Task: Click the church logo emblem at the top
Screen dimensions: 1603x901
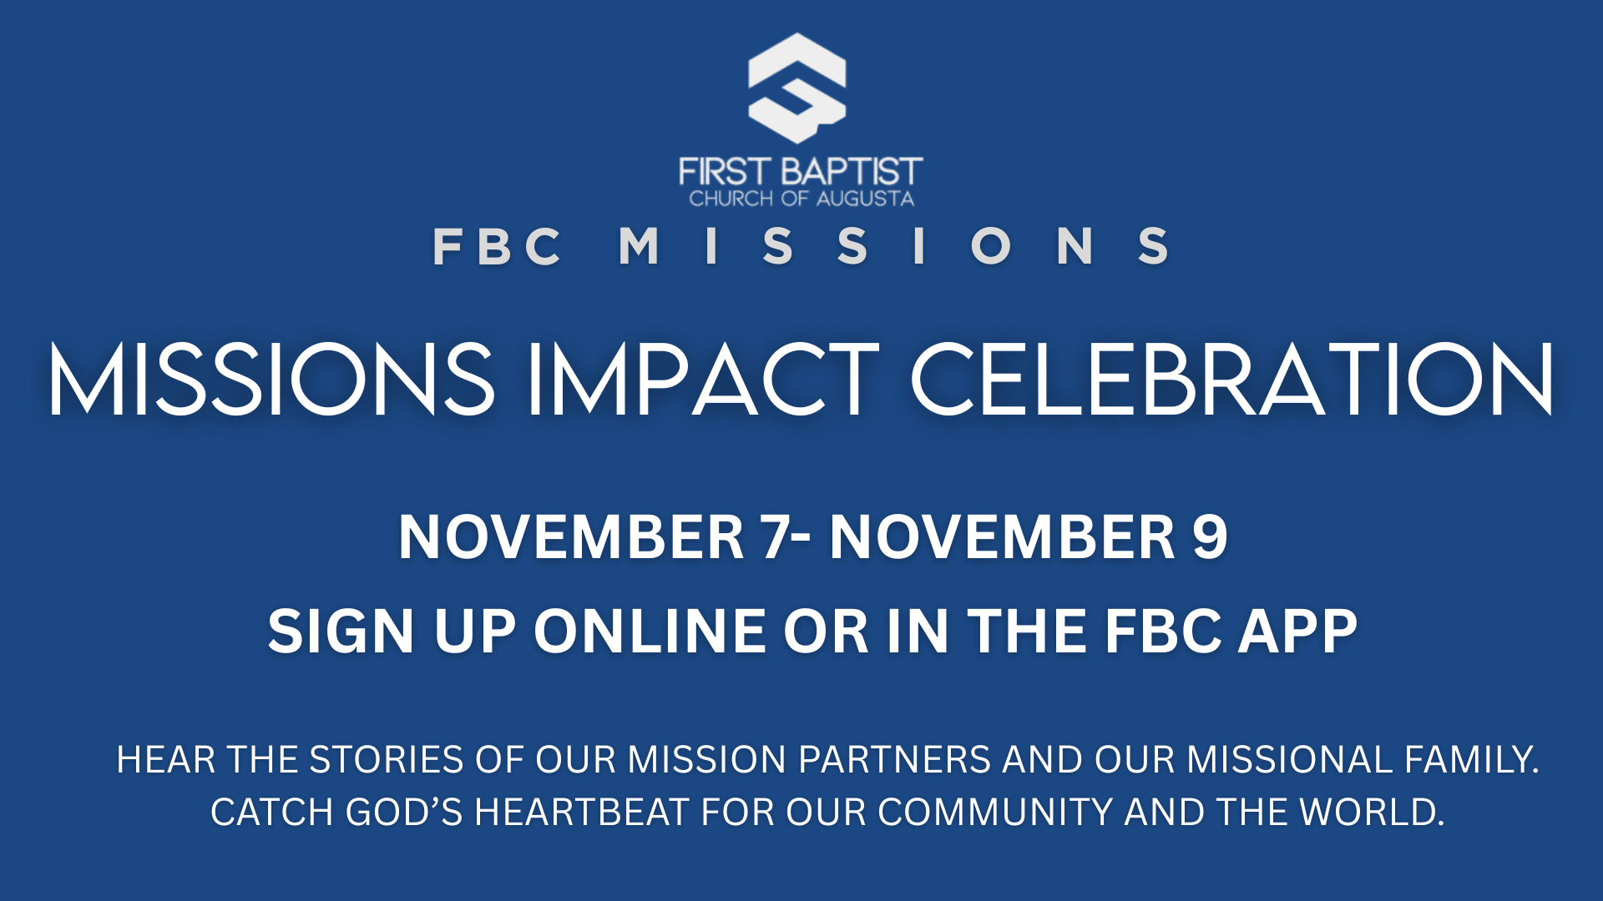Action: point(797,88)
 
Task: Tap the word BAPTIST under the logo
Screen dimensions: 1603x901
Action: point(852,172)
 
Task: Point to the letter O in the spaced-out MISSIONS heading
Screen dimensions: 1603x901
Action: point(991,246)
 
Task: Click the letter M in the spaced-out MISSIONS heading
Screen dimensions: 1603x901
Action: point(639,246)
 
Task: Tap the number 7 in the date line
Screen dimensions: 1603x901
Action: point(774,536)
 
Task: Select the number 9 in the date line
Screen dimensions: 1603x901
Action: point(1210,536)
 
